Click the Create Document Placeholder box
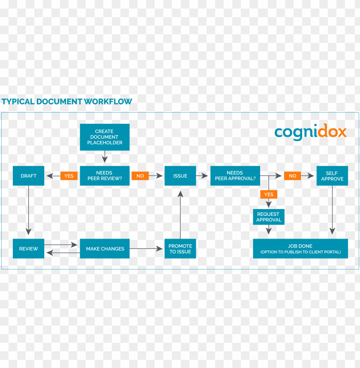coord(105,137)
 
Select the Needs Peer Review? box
coord(105,176)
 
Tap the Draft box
coord(28,176)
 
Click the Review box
coord(28,248)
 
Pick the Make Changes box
coord(105,248)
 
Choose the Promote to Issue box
coord(180,248)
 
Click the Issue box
coord(180,176)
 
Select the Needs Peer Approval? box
coord(235,176)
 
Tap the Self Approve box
coord(332,176)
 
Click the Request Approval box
coord(269,217)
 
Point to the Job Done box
coord(300,248)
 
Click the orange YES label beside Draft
coord(69,176)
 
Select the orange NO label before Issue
coord(140,176)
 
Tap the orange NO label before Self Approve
coord(292,176)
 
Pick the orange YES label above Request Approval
coord(269,194)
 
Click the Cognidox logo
coord(310,132)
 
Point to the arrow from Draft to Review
coord(28,210)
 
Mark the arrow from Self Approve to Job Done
coord(332,210)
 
